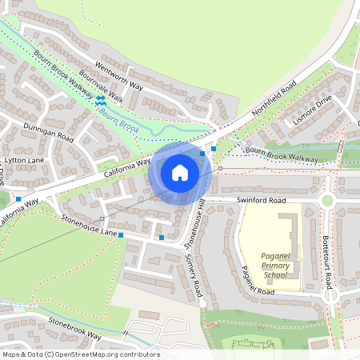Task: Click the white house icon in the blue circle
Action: (x=179, y=172)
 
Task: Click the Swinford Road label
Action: (x=260, y=200)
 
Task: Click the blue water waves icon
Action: (x=100, y=101)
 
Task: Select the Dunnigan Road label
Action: (x=48, y=134)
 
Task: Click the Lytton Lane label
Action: (x=25, y=160)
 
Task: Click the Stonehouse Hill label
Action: (x=194, y=224)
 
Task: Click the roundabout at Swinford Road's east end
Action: (x=326, y=200)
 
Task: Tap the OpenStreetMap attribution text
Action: (x=81, y=354)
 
